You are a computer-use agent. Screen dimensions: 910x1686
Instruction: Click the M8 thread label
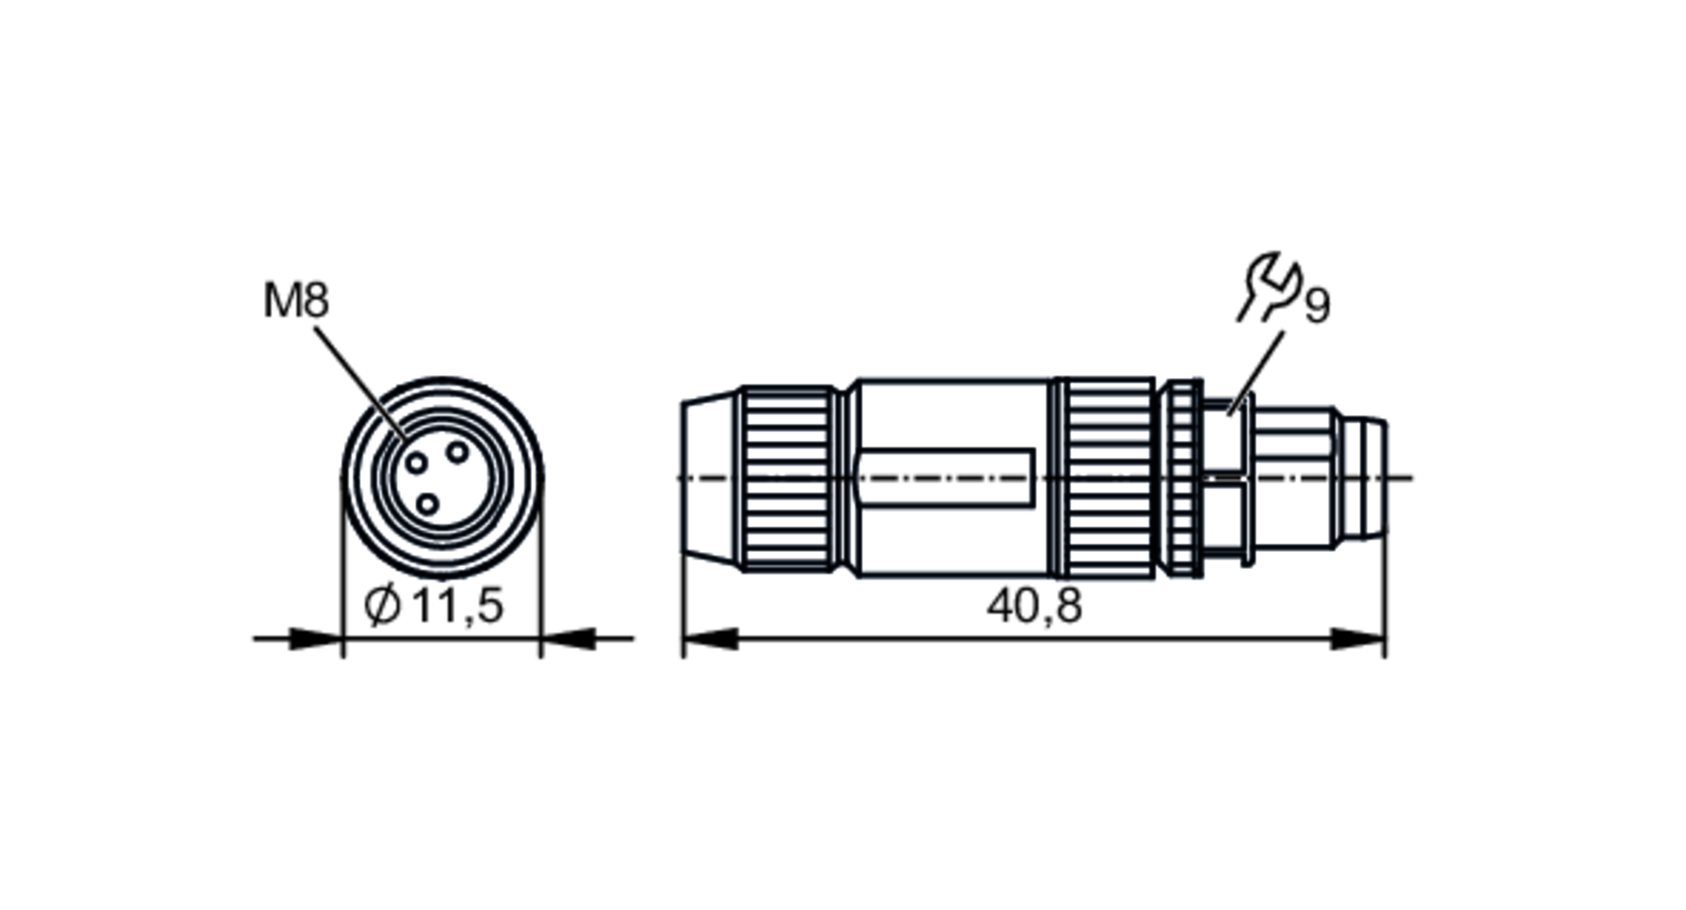pyautogui.click(x=296, y=301)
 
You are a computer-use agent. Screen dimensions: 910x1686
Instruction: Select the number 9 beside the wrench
pyautogui.click(x=1318, y=305)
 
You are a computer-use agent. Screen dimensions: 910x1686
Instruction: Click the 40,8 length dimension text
pyautogui.click(x=1034, y=606)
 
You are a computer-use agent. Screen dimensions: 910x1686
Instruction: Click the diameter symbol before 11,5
pyautogui.click(x=382, y=606)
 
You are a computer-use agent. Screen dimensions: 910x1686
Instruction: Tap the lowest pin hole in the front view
pyautogui.click(x=428, y=505)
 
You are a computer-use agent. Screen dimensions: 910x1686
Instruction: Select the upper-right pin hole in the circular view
pyautogui.click(x=457, y=452)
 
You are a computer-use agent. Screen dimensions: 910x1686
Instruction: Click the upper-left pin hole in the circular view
pyautogui.click(x=417, y=463)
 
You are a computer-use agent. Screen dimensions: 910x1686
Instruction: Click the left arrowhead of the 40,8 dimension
pyautogui.click(x=710, y=639)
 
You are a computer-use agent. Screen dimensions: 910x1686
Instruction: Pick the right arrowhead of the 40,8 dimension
pyautogui.click(x=1357, y=639)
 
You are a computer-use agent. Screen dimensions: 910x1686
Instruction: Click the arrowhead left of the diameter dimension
pyautogui.click(x=314, y=639)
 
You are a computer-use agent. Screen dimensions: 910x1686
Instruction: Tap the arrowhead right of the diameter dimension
pyautogui.click(x=568, y=639)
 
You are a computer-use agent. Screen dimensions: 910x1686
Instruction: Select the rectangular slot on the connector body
pyautogui.click(x=944, y=478)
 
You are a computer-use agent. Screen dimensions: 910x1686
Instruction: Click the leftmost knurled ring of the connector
pyautogui.click(x=787, y=478)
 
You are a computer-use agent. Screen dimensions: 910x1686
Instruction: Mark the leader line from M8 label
pyautogui.click(x=358, y=380)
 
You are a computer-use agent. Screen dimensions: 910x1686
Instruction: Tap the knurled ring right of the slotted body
pyautogui.click(x=1106, y=478)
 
